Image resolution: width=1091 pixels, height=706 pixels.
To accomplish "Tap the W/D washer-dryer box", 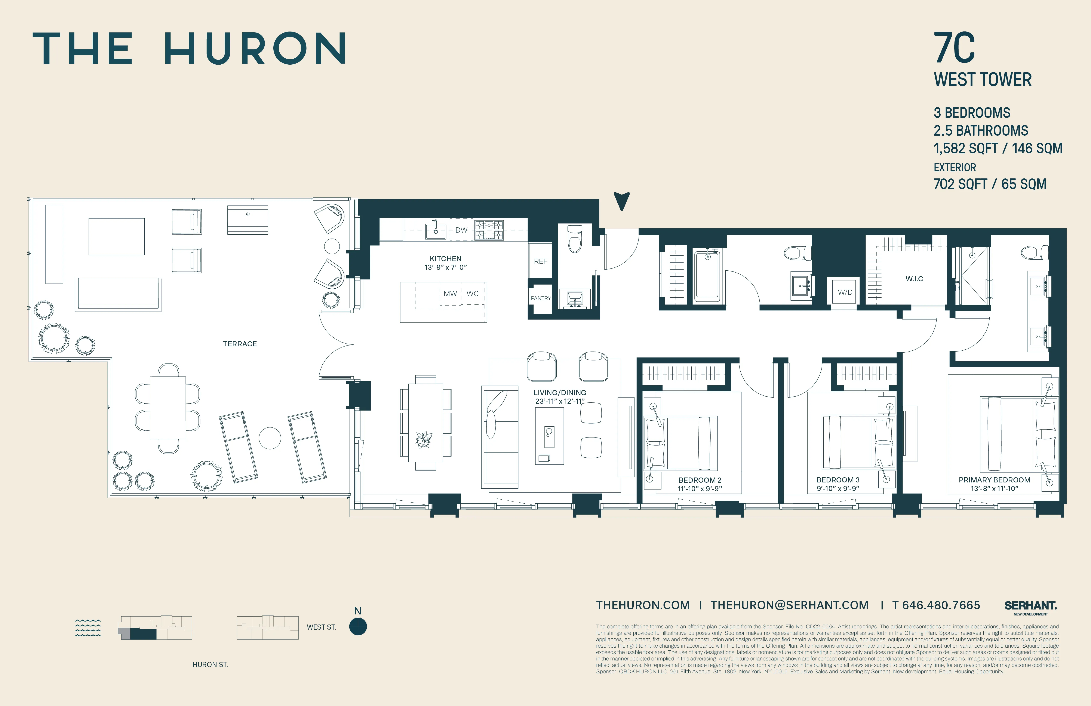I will point(845,292).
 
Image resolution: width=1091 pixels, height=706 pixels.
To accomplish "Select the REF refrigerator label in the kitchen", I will point(540,261).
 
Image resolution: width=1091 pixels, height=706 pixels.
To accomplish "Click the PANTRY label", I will point(541,298).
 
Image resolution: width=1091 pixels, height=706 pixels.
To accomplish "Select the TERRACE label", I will point(240,344).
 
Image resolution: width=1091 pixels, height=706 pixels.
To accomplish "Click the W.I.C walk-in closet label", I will point(914,279).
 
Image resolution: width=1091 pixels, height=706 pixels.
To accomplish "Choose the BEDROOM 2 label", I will point(700,480).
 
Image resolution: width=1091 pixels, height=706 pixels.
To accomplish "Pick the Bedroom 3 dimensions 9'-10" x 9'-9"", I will point(838,489).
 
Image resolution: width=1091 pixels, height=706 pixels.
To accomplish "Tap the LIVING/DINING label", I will point(560,393).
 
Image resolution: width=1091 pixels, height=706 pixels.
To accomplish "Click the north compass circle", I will point(358,627).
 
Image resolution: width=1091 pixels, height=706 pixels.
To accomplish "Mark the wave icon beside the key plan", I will point(87,628).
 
